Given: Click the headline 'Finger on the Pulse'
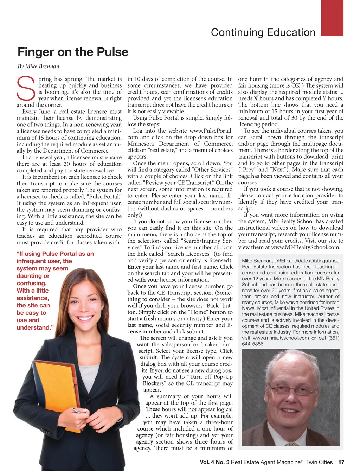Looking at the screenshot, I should click(73, 52).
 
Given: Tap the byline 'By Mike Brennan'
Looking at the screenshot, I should click(38, 66).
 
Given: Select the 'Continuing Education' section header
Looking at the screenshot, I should click(263, 33).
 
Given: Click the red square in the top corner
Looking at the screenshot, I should click(332, 18).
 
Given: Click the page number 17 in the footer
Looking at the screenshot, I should click(341, 462).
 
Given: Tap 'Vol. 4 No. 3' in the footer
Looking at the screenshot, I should click(214, 462).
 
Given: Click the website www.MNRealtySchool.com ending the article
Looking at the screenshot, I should click(306, 247).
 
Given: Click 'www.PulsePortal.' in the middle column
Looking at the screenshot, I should click(211, 131).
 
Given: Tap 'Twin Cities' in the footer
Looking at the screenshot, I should click(319, 462).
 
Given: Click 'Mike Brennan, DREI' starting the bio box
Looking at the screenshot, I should click(264, 261).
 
